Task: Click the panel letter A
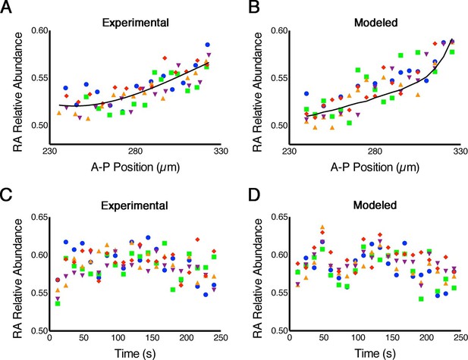[6, 7]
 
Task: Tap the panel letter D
[255, 195]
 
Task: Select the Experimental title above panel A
[136, 23]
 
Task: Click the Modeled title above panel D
[375, 205]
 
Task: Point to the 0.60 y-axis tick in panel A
[39, 31]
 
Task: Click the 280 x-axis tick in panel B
[375, 152]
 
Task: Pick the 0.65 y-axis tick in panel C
[39, 217]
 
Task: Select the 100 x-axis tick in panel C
[118, 337]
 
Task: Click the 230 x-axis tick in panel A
[49, 152]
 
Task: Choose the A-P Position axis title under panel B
[375, 167]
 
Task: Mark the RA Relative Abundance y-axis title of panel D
[257, 278]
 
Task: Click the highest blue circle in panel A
[208, 45]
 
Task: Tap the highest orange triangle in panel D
[322, 227]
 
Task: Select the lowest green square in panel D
[421, 299]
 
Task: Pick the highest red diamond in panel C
[197, 239]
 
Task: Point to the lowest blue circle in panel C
[206, 295]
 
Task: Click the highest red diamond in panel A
[165, 58]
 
